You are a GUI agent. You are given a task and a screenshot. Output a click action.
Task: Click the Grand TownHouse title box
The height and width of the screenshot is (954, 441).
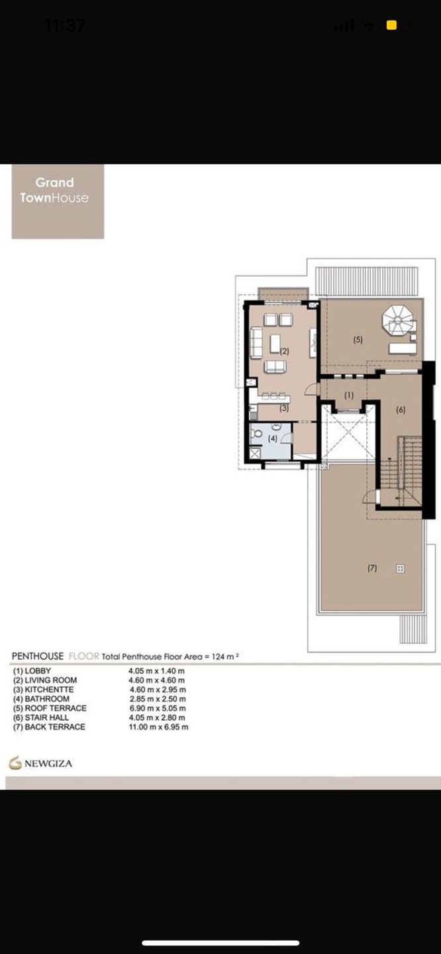point(58,201)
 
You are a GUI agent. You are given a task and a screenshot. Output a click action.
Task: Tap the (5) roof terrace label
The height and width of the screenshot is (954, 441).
point(358,339)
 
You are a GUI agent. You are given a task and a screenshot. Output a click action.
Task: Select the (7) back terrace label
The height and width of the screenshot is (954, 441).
point(372,568)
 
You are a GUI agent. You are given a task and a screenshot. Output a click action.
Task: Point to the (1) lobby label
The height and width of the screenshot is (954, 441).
point(349,396)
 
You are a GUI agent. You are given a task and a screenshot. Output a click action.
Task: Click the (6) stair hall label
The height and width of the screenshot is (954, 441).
point(401,409)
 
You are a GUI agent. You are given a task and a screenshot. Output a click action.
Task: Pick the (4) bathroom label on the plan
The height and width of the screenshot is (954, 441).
point(272,438)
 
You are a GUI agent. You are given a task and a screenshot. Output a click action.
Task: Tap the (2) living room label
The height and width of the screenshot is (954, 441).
point(284,351)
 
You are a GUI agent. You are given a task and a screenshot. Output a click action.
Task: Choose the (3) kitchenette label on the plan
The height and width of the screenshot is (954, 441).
point(284,408)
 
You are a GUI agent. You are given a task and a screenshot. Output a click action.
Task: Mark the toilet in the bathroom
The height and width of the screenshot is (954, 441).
point(256,434)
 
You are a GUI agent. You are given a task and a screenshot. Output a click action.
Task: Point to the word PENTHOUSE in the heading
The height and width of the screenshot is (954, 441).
point(38,656)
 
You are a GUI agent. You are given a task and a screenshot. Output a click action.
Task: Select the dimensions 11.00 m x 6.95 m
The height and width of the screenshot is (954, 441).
point(158,727)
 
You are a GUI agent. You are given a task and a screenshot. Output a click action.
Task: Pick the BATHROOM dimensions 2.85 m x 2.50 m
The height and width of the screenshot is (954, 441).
point(158,699)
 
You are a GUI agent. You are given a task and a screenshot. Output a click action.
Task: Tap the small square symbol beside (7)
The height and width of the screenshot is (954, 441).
point(400,568)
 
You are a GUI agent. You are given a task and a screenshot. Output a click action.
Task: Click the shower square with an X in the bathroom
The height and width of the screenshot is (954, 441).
point(254,453)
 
